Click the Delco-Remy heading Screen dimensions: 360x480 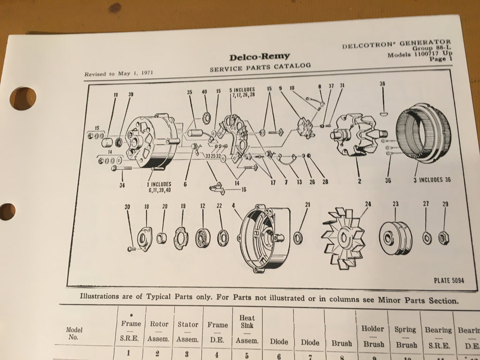click(259, 57)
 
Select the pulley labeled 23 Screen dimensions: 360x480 click(395, 238)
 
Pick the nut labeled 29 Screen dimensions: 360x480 click(442, 238)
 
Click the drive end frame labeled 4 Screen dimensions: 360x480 click(261, 240)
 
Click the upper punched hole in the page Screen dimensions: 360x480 click(23, 98)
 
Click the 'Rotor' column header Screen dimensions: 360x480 click(159, 324)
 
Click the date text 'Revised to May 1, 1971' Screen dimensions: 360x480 click(119, 74)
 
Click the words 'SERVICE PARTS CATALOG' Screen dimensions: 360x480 click(260, 67)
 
